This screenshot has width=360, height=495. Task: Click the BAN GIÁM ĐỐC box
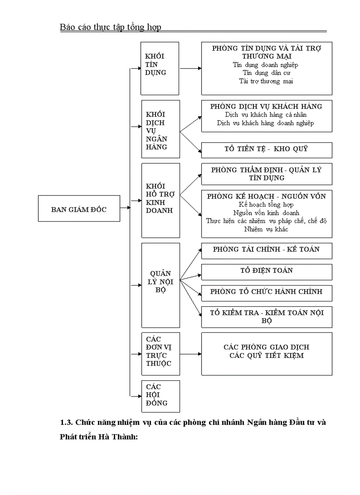79,208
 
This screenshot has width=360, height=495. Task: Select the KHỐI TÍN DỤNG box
159,68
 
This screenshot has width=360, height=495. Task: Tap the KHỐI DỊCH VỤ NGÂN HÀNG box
161,129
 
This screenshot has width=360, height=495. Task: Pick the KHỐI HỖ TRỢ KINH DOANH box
161,200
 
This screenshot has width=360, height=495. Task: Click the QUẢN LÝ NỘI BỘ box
161,285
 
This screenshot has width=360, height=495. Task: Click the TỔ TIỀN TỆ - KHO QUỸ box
266,149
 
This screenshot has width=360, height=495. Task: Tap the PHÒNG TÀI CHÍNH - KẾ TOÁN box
266,250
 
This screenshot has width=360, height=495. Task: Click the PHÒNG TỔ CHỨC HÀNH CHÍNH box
266,292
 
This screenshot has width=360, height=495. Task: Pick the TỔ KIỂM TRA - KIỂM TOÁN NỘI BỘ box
266,316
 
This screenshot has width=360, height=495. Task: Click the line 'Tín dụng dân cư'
266,73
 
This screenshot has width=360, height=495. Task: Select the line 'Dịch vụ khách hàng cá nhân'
266,115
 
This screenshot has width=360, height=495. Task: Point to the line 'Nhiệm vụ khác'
266,229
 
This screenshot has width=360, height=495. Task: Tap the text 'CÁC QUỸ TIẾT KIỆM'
266,356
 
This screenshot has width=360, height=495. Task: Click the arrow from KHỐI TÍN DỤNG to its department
190,69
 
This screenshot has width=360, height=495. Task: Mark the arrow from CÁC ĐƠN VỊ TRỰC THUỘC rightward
190,354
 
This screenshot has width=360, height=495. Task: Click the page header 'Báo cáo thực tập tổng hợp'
110,27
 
